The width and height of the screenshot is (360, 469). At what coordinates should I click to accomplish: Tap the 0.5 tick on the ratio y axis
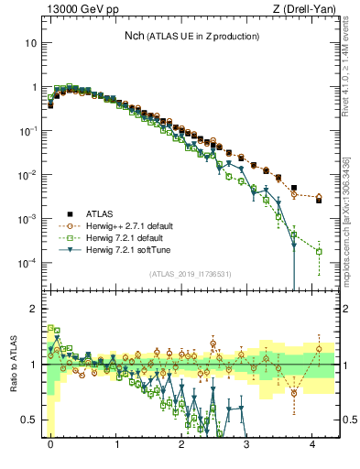(31, 420)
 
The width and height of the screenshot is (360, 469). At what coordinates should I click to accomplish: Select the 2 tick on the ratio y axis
(35, 309)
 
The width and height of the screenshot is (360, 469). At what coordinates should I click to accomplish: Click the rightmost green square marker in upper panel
(319, 251)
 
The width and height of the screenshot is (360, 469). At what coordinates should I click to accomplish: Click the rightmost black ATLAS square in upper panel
(319, 199)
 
